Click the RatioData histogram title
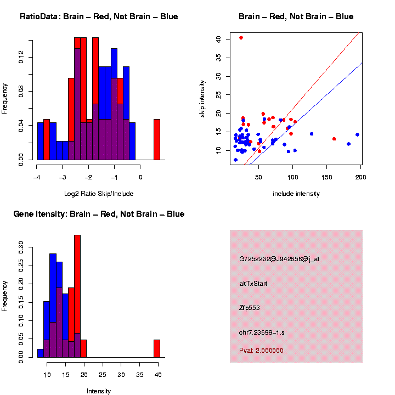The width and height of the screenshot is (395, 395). click(99, 16)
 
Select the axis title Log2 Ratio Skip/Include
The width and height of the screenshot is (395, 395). click(99, 193)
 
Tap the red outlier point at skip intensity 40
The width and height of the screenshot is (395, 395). click(241, 38)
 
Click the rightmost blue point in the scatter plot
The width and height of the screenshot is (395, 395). click(357, 134)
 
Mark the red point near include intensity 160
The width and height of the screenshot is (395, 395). click(334, 139)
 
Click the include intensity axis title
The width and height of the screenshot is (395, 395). click(296, 193)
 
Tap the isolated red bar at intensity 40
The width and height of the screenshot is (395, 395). click(157, 348)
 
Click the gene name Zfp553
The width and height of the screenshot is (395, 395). click(250, 308)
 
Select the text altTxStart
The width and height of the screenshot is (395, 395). click(253, 284)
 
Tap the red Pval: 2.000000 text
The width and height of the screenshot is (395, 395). click(261, 351)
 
